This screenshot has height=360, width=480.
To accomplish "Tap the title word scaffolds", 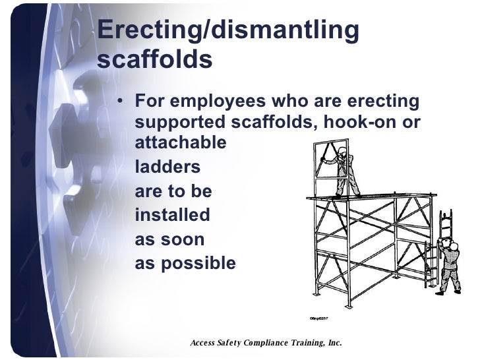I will tap(154, 60).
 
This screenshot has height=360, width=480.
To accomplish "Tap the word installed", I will tap(172, 215).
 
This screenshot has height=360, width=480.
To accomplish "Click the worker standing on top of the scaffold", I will tap(343, 172).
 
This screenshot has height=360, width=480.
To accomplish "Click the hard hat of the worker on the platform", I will tap(342, 150).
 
